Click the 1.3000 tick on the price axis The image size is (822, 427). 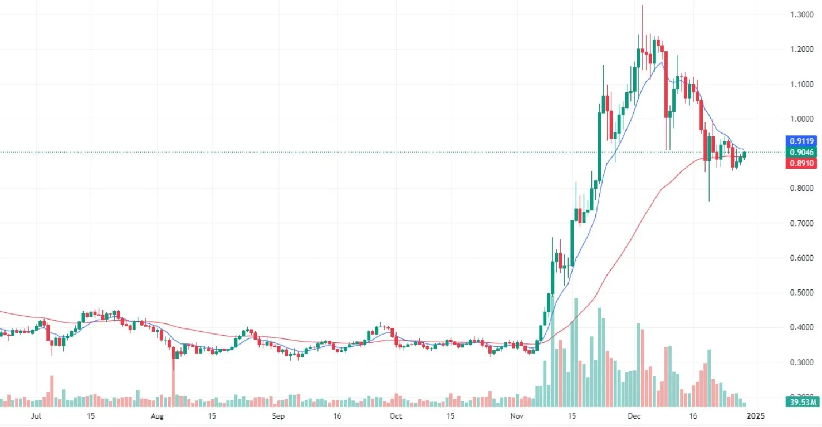coord(801,14)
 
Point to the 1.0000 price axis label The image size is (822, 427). coord(801,119)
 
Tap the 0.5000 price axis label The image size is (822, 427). coord(801,293)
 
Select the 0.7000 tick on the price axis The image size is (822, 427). coord(801,223)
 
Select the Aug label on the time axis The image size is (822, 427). coord(158,416)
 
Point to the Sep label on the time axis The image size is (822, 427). coord(278,416)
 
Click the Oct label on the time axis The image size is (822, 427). coord(395,416)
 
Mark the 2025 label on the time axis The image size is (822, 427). coord(755,416)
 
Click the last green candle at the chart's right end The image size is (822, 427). coord(745,155)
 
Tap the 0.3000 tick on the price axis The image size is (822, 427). coord(801,362)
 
